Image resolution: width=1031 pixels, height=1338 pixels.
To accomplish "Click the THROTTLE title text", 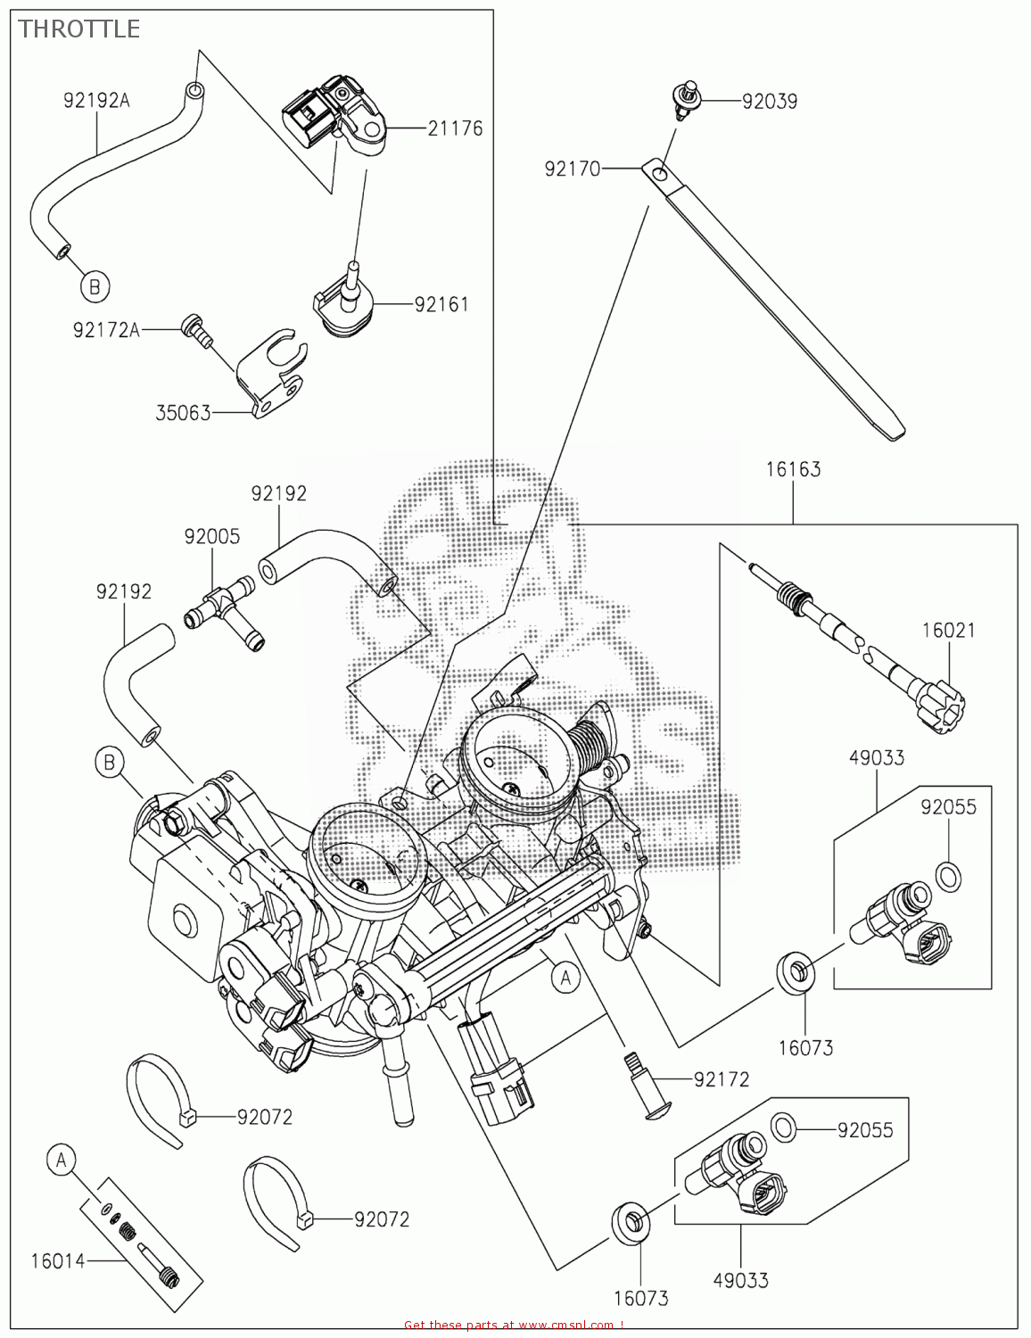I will point(78,29).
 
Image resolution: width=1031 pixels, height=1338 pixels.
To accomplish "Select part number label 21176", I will point(455,128).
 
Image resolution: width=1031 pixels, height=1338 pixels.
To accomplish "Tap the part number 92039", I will point(769,102).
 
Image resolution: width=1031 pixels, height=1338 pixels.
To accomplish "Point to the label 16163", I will point(793,469).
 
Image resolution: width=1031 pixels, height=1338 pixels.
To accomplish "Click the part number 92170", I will point(573,169).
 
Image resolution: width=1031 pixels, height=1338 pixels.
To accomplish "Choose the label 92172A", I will point(106,330).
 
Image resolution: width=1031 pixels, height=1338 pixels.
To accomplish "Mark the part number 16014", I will point(58,1261).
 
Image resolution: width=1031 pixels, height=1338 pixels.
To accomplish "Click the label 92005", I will point(212,537).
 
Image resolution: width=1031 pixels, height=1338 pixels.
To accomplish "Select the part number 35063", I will point(183,413).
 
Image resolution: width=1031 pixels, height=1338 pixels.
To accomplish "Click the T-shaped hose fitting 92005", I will point(223,609).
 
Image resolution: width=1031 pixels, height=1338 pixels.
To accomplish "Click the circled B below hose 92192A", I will point(95,286).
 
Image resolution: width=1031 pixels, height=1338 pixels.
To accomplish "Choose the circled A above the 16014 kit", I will point(61,1160).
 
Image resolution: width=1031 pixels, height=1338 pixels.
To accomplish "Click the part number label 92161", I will point(441,304).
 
